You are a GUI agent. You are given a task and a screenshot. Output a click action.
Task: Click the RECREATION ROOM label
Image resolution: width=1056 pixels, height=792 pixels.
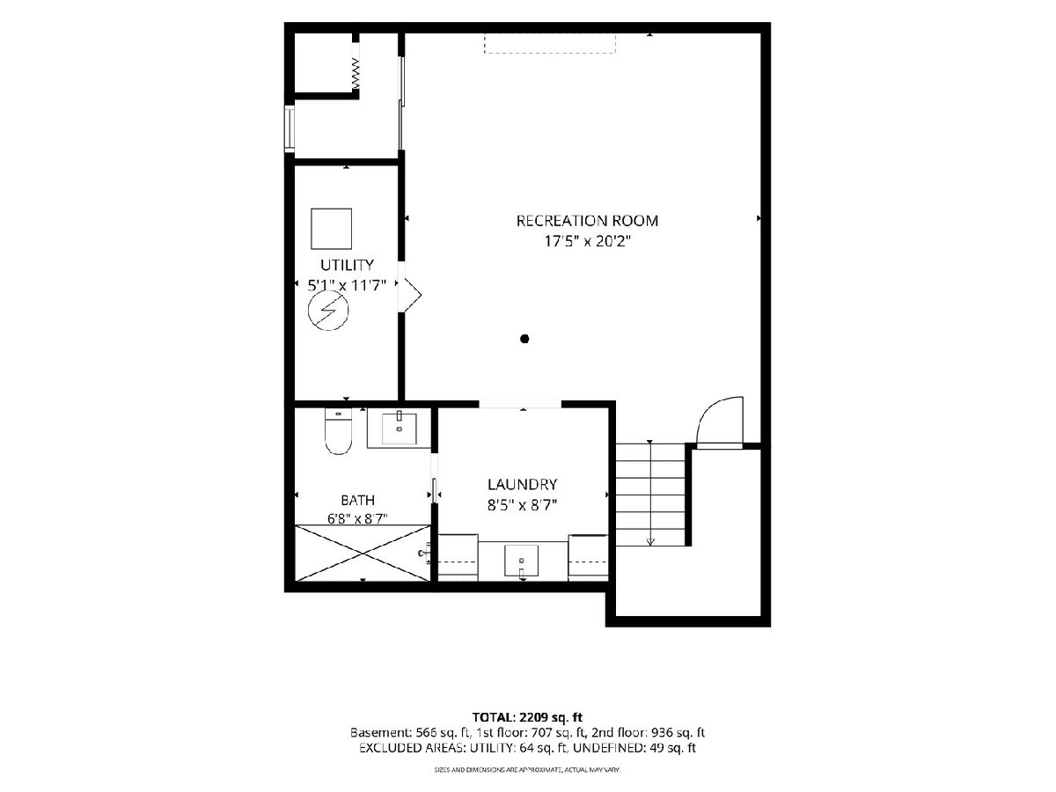click(587, 221)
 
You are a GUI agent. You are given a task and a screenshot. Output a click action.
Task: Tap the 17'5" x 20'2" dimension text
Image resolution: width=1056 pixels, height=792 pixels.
click(587, 241)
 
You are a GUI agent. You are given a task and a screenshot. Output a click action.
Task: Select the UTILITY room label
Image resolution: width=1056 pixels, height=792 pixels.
click(347, 265)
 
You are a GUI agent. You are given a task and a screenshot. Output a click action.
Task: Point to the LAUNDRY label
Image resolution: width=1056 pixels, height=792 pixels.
click(522, 484)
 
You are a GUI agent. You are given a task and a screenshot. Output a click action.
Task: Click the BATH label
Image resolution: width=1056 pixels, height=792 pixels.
click(357, 500)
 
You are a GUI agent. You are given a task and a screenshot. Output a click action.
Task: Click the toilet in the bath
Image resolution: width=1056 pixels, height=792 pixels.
click(338, 431)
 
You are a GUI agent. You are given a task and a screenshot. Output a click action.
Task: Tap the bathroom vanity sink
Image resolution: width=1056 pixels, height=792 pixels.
click(399, 428)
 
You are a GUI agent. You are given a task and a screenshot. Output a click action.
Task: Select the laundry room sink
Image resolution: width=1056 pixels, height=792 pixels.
click(521, 561)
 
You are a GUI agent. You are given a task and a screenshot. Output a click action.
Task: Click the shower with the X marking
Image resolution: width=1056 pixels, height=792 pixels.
click(363, 554)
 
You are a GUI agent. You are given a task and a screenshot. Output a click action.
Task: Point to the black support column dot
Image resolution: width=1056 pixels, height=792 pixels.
click(524, 339)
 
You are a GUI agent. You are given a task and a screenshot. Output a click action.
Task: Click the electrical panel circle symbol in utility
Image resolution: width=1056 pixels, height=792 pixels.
click(328, 311)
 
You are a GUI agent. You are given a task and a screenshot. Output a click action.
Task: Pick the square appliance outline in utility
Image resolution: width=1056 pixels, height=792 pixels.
click(331, 229)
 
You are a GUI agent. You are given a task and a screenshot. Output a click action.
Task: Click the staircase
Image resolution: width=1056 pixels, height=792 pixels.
click(650, 495)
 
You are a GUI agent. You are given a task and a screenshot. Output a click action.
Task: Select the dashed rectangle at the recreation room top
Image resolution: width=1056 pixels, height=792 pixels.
click(550, 43)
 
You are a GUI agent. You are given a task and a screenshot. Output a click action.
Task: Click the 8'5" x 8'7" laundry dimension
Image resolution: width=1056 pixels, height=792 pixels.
click(522, 505)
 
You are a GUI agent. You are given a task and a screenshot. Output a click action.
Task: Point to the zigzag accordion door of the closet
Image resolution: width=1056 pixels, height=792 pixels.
click(356, 73)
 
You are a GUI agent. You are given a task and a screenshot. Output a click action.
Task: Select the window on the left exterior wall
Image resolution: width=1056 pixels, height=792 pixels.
click(290, 128)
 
